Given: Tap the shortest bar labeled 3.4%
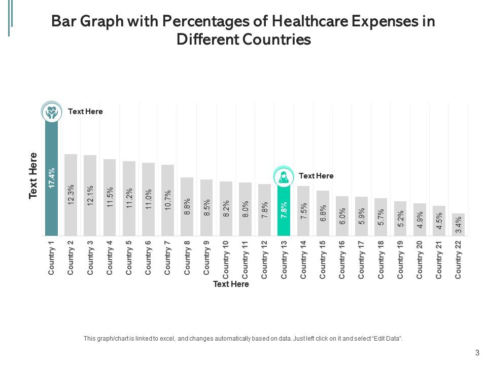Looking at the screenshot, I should coord(458,225).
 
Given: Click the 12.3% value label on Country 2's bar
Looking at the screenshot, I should coord(71,194).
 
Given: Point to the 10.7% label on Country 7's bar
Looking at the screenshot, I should coord(168,200).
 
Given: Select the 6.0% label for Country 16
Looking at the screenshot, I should coord(342,216).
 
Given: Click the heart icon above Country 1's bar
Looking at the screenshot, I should coord(51,112).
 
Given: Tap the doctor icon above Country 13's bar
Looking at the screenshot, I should coord(284,177).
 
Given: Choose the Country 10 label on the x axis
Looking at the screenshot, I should coord(226,259).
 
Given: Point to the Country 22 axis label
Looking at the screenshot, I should coord(458,259).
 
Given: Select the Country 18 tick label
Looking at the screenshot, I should coord(380,259).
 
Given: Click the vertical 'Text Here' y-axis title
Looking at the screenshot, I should coord(33,175).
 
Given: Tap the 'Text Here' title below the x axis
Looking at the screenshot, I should coord(231,284).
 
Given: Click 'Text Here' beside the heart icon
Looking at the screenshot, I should coord(85,112).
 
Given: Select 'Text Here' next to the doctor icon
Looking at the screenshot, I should coord(316,176).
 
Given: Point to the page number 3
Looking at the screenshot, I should coord(477,353).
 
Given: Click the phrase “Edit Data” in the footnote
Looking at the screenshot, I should coord(389,338).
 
